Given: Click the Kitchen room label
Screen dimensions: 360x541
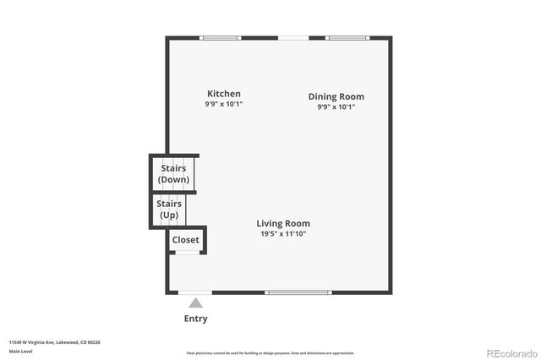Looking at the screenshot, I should coord(224,94).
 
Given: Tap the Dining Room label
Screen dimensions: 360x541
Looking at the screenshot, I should coord(336,96).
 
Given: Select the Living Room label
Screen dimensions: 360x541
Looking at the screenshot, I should coord(281,223).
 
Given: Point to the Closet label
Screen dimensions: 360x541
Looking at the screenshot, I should coord(186,240).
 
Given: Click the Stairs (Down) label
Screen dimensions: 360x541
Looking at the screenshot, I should coord(174,174).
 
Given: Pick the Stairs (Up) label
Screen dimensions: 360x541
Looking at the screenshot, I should coord(169,209).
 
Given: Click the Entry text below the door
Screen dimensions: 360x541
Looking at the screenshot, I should coord(195,319).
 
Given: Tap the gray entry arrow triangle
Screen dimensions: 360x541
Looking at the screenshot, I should coord(195,303).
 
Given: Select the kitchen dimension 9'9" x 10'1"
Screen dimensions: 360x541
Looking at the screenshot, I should coord(224,104).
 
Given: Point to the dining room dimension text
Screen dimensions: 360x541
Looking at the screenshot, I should coord(336,107).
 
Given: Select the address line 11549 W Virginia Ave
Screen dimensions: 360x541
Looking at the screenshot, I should coord(55,342).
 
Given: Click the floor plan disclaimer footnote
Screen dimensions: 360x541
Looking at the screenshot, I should coord(270,353).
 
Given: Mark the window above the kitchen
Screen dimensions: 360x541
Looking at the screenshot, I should coord(221,38).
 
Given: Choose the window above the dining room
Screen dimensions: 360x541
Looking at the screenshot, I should coord(347,38).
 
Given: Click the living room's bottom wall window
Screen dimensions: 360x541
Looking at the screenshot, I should coord(298,292).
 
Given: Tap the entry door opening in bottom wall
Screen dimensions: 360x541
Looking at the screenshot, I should coord(195,292).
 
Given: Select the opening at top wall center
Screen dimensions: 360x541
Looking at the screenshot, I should coord(293,38).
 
